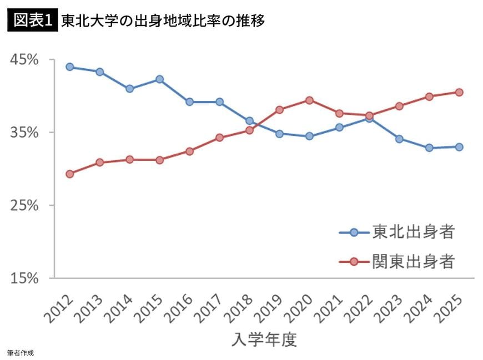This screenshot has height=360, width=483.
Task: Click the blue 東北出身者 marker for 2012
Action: pos(69,67)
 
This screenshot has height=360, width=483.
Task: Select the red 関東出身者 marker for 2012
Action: pos(69,174)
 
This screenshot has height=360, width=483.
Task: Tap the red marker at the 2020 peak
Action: pos(309,100)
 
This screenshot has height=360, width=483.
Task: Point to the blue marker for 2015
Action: pos(159,79)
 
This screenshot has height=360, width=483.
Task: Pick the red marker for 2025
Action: pos(459,92)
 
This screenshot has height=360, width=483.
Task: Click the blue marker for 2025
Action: pos(459,147)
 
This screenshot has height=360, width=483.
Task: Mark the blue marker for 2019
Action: pos(279,134)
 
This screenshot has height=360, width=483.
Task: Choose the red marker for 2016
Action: pos(189,151)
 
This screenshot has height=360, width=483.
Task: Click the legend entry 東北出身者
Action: pos(414,231)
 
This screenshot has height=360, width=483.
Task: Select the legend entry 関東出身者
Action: pos(414,261)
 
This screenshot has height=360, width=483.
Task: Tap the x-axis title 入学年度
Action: pos(264,339)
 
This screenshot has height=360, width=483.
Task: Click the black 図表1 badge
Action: pos(33,21)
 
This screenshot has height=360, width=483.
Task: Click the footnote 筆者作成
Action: pos(20,353)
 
